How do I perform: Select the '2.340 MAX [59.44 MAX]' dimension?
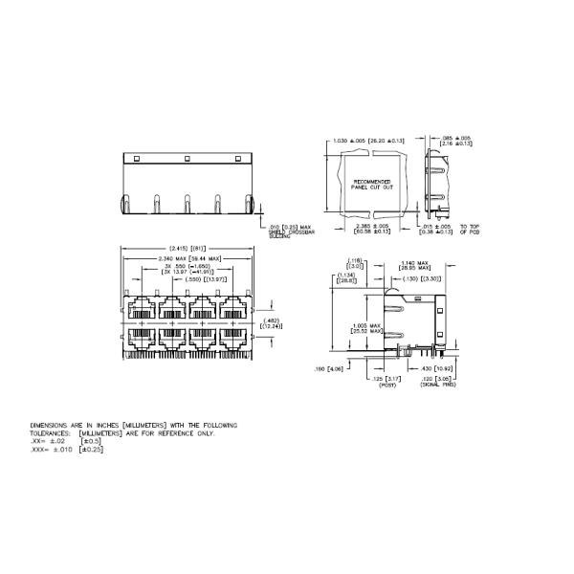(x=188, y=257)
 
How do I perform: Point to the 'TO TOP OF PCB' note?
(x=472, y=230)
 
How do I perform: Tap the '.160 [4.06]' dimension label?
(x=334, y=368)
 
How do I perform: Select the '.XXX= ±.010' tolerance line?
(x=67, y=450)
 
